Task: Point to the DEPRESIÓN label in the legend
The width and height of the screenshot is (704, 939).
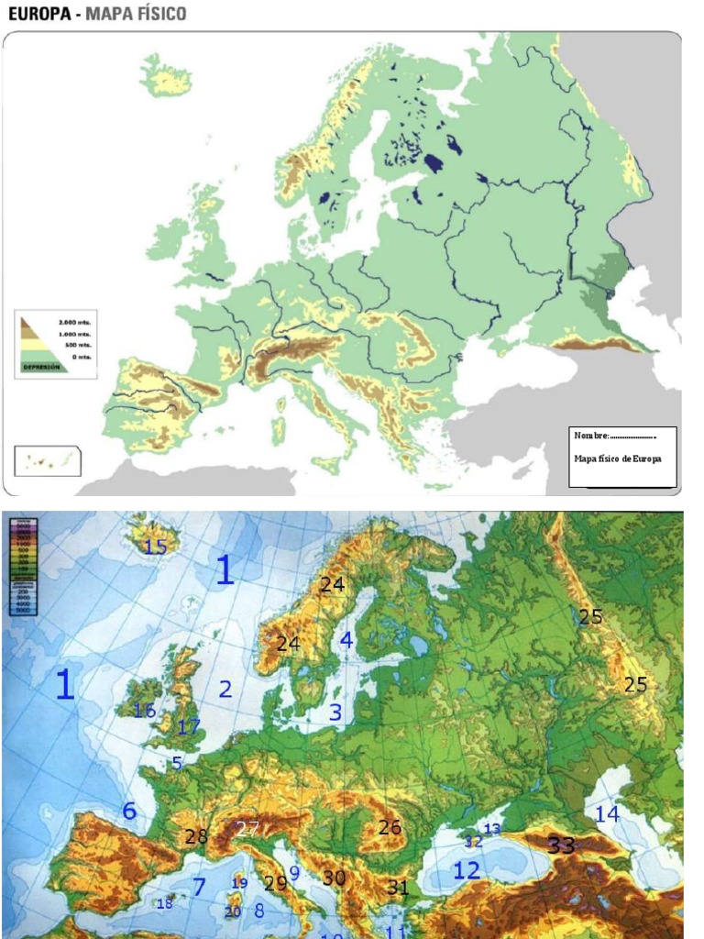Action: (x=41, y=366)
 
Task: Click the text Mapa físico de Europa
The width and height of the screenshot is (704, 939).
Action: (x=617, y=458)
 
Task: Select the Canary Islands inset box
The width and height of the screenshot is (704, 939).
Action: (x=47, y=461)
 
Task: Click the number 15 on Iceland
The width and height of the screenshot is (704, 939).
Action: (x=155, y=547)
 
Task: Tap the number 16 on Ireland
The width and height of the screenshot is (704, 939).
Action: (x=144, y=711)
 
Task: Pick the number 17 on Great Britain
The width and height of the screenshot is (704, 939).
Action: (x=189, y=727)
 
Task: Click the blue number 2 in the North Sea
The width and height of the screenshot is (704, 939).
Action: (x=225, y=690)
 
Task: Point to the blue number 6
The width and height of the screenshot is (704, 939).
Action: (x=129, y=811)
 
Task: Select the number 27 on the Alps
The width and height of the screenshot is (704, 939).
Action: (x=248, y=828)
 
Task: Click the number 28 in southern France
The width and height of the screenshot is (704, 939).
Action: (x=196, y=836)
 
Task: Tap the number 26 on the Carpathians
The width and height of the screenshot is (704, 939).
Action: (x=390, y=827)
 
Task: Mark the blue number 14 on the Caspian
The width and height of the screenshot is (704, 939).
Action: (x=607, y=813)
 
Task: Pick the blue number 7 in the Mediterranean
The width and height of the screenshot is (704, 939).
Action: (x=198, y=887)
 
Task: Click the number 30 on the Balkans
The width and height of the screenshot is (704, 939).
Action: (x=334, y=878)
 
